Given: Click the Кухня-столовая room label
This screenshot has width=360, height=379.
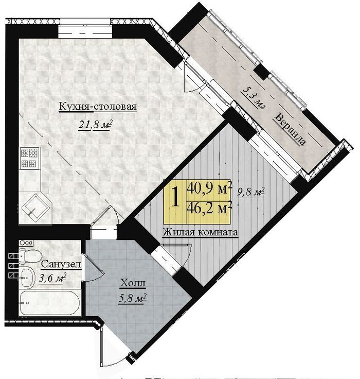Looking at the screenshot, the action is coord(98,107).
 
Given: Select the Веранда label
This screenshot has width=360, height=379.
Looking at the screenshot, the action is coord(290,129).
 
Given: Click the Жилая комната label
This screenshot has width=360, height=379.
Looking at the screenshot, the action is coord(201,233).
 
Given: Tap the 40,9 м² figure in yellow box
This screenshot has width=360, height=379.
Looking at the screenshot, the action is coord(209,188).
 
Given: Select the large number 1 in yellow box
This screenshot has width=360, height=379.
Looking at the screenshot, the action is coord(175,198).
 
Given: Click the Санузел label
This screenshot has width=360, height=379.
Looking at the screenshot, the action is coord(61,264).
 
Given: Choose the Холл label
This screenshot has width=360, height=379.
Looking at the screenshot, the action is coord(133,283).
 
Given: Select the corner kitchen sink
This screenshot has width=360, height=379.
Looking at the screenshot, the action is coord(35,209).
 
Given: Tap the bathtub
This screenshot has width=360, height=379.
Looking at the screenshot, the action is coord(49,303).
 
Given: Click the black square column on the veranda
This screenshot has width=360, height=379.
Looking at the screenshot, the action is coord(262,71).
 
